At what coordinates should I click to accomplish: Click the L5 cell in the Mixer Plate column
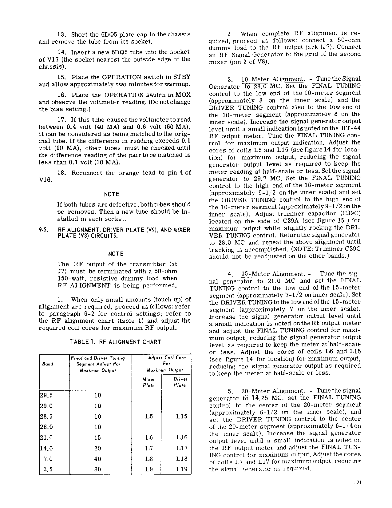[149, 416]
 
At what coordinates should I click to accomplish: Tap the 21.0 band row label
[46, 437]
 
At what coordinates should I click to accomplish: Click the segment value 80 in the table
[97, 469]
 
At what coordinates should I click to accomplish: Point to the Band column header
[48, 364]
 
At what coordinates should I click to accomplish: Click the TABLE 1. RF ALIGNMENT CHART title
[116, 342]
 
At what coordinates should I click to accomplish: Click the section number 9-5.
[43, 230]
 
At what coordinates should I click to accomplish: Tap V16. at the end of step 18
[45, 180]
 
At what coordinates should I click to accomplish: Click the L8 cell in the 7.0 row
[149, 459]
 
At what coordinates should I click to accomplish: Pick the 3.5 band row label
[48, 469]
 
